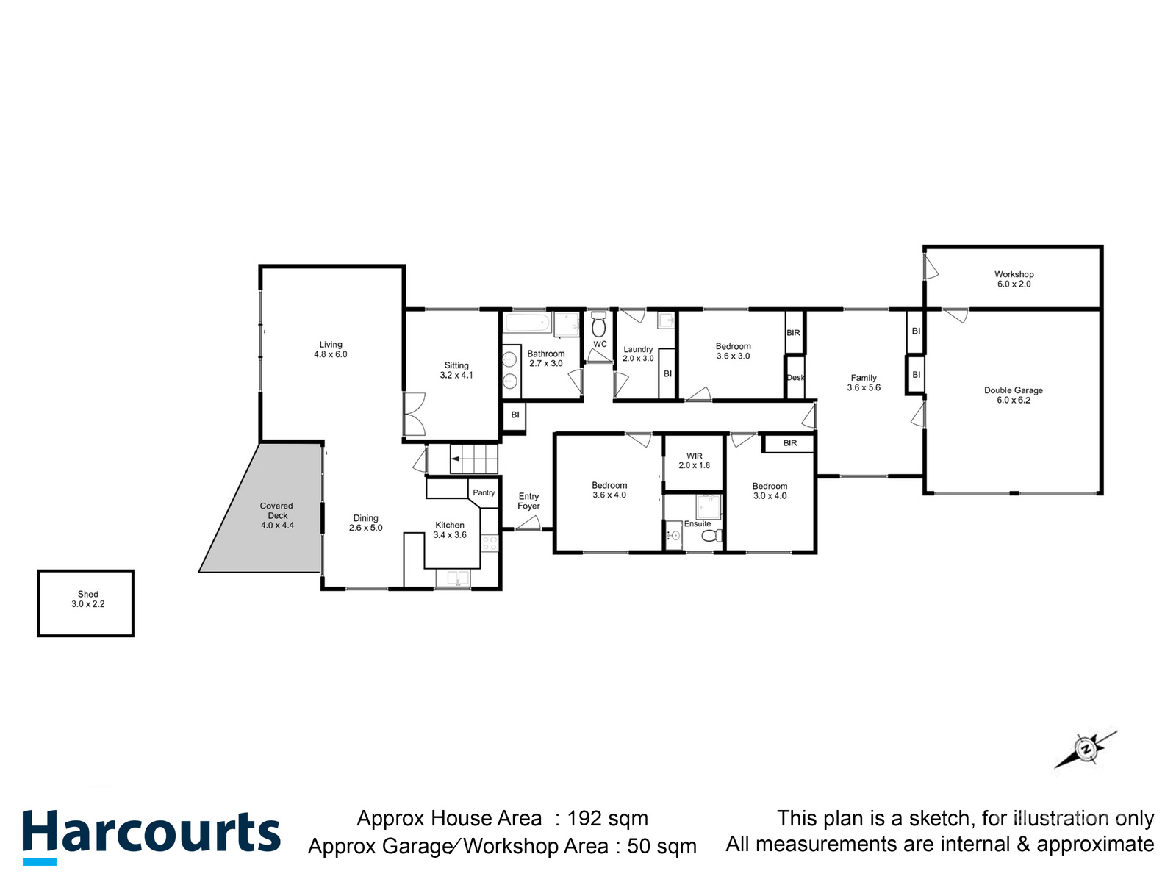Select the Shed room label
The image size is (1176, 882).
87,599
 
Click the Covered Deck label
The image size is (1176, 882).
277,515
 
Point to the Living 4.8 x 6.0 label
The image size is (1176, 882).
330,349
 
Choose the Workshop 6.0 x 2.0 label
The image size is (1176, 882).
1014,279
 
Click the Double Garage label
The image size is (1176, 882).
1013,395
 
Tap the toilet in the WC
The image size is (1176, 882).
598,324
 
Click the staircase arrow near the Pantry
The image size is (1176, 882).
456,459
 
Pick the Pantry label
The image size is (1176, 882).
484,492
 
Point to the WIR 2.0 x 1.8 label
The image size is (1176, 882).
694,461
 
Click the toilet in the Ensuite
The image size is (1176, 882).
711,536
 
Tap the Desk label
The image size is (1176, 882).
795,378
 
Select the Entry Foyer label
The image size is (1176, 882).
528,501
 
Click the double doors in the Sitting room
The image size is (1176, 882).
414,415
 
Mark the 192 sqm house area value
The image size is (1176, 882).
607,818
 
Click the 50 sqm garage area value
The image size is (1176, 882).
661,846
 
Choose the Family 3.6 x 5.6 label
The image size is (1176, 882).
864,383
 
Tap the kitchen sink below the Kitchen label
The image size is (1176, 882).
453,579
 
